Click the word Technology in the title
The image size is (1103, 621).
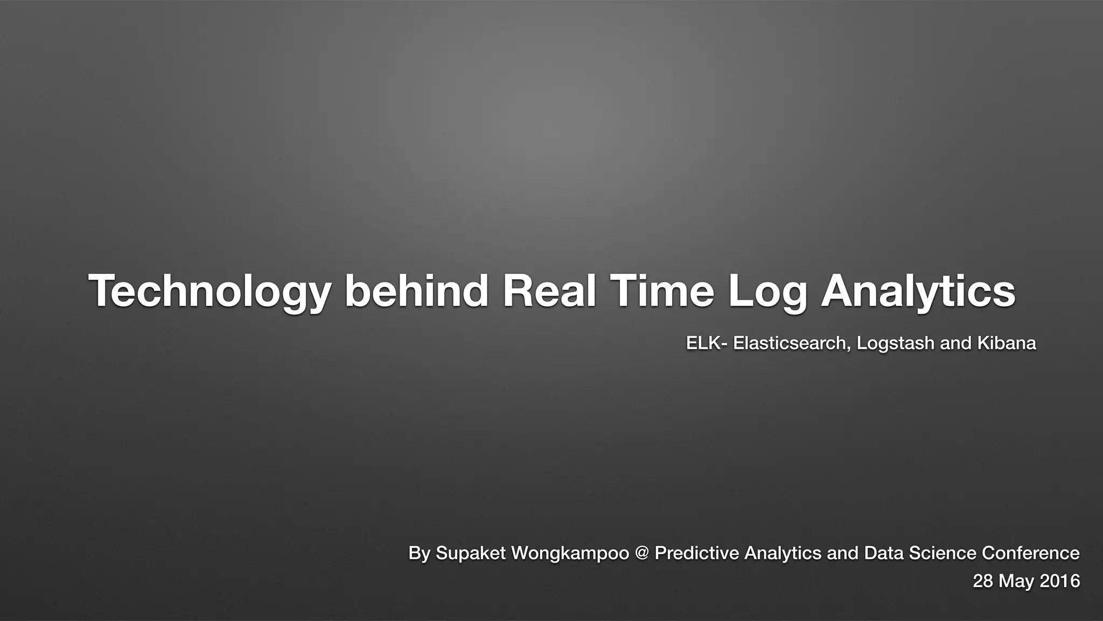(x=210, y=292)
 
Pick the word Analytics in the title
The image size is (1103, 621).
(x=918, y=292)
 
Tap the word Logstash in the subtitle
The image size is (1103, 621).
(x=895, y=344)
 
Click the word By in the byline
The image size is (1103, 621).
(x=419, y=553)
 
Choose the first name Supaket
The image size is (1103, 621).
(x=471, y=553)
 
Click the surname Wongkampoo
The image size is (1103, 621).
(x=570, y=553)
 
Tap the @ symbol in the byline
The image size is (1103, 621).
(x=642, y=553)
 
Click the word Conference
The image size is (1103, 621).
(x=1031, y=553)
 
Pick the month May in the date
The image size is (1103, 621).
(x=1017, y=582)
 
